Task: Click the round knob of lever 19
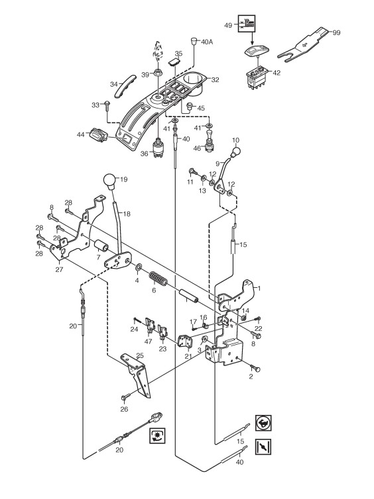point(110,181)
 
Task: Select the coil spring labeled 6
point(158,279)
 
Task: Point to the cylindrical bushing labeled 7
point(101,247)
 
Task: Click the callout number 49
point(228,25)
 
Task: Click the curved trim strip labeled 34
point(125,86)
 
